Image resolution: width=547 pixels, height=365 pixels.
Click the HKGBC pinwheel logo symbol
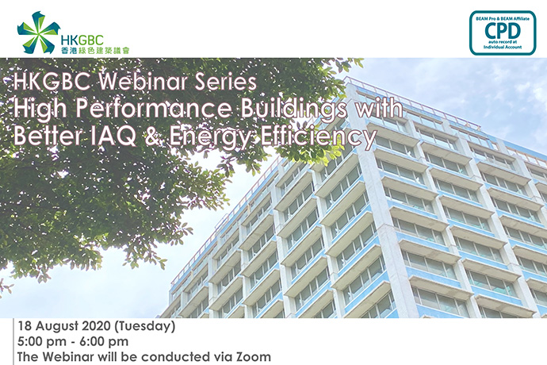pos(38,33)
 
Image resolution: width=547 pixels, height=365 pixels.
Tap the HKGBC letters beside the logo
pos(82,40)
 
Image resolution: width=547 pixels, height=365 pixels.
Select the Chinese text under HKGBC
pos(95,50)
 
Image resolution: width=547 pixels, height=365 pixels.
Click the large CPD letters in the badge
pos(503,31)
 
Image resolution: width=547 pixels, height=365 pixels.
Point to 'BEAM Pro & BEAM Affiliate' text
pos(503,18)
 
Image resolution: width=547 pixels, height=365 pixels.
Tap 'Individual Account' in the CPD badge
pos(503,47)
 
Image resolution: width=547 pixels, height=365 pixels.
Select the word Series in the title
pos(226,82)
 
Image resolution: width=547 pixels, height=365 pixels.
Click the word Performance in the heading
pos(154,108)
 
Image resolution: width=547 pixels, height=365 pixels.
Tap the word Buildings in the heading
pos(293,109)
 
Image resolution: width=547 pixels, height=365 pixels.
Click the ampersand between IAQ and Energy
pos(154,136)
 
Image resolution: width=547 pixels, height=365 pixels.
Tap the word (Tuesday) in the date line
pos(145,327)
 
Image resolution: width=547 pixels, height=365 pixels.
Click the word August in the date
pos(57,327)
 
